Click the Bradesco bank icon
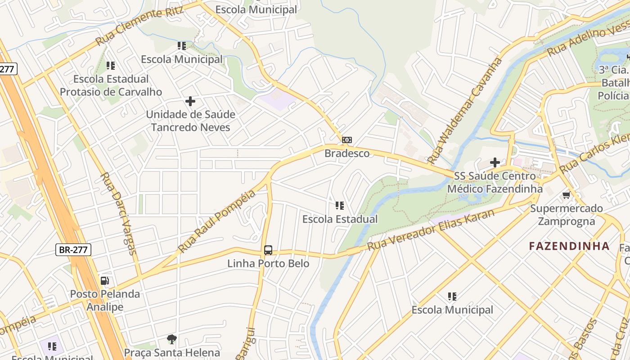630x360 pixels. point(346,140)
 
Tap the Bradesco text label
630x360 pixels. point(347,153)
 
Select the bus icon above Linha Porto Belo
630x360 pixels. point(268,250)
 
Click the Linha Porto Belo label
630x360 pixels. point(268,263)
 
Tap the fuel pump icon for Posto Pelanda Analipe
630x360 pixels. point(104,281)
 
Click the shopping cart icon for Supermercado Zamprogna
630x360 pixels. point(566,195)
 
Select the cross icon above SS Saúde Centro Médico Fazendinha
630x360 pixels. point(495,162)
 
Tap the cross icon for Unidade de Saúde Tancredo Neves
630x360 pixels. point(190,101)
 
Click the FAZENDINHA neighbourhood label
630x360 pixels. point(569,246)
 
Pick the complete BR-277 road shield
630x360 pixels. point(74,250)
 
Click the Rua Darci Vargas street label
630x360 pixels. point(118,213)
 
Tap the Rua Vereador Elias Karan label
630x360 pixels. point(431,230)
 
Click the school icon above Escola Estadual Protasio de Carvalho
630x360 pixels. point(111,66)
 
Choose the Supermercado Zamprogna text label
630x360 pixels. point(566,215)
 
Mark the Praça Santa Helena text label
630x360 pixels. point(172,352)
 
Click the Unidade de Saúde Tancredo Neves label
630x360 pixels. point(190,121)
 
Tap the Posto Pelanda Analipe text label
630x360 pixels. point(104,301)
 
